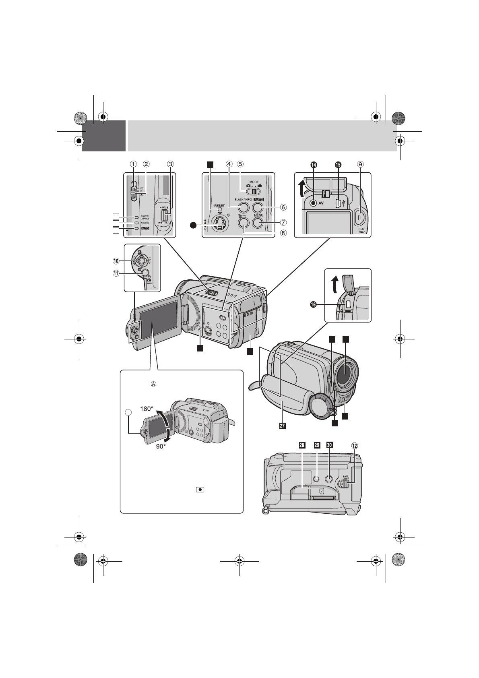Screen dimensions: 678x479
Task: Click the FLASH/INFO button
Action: click(244, 207)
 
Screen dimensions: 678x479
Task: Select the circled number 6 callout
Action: click(283, 207)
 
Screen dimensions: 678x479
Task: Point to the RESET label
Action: click(219, 205)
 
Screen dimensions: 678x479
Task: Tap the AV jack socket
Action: click(314, 203)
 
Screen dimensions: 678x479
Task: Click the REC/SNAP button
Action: click(359, 217)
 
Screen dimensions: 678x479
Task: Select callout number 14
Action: click(314, 164)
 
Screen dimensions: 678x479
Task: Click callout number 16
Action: click(314, 305)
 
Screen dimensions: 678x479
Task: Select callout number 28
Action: click(302, 445)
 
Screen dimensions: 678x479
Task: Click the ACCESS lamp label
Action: click(145, 223)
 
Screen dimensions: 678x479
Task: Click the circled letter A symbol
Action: click(153, 384)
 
